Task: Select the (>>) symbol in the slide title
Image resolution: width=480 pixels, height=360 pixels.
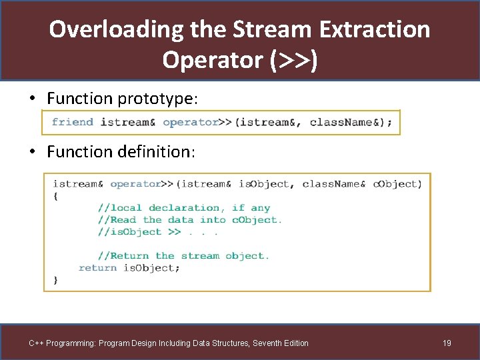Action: point(293,60)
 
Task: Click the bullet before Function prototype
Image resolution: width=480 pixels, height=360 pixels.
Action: point(32,99)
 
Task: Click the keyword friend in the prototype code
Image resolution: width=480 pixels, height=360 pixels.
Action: point(73,122)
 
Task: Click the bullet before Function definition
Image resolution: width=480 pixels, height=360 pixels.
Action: point(32,152)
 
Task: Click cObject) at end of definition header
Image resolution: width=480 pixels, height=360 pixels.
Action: point(397,184)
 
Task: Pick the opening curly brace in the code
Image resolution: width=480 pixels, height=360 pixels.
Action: point(55,196)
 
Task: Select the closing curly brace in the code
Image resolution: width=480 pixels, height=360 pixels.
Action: point(55,280)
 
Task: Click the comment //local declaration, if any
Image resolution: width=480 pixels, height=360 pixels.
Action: point(184,208)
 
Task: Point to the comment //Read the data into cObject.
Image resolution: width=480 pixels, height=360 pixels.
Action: point(190,220)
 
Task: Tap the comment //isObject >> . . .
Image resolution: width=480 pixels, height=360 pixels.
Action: point(157,232)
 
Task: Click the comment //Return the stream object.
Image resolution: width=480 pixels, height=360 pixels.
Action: point(183,256)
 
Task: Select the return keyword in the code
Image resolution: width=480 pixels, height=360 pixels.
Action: point(98,268)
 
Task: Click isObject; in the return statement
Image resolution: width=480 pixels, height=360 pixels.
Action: point(151,268)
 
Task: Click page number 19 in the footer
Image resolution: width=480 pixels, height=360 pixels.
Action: point(447,343)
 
